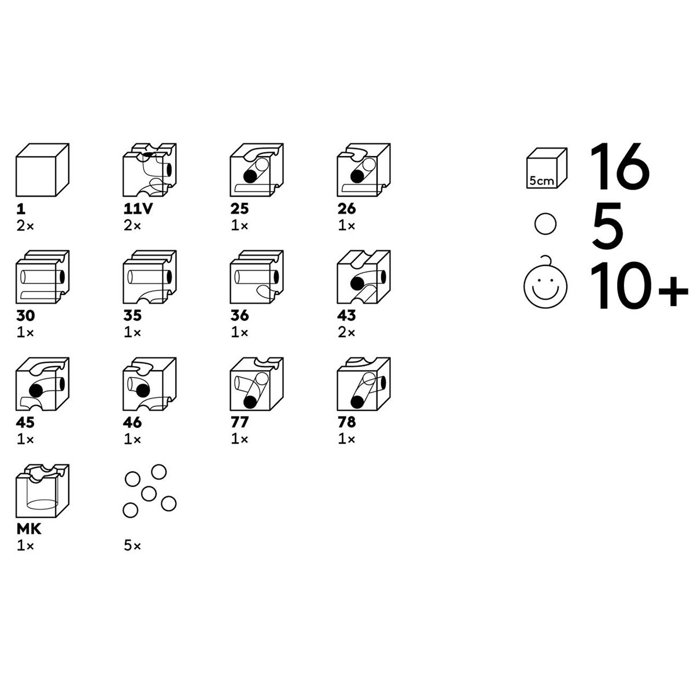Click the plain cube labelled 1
[x=42, y=170]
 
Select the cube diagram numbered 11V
[x=149, y=170]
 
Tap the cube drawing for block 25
[x=256, y=170]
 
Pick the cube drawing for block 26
[x=364, y=170]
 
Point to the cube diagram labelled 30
[x=42, y=277]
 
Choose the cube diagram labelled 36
[x=256, y=277]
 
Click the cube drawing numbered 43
[x=364, y=277]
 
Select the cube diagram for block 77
[x=256, y=384]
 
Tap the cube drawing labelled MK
[x=42, y=491]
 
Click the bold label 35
[x=132, y=316]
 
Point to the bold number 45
[x=25, y=422]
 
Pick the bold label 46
[x=132, y=422]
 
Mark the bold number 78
[x=346, y=422]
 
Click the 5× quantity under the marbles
[x=132, y=546]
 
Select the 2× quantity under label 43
[x=346, y=333]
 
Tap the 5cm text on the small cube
[x=542, y=181]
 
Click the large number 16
[x=620, y=166]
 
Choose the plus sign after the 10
[x=673, y=291]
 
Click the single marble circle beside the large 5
[x=545, y=224]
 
